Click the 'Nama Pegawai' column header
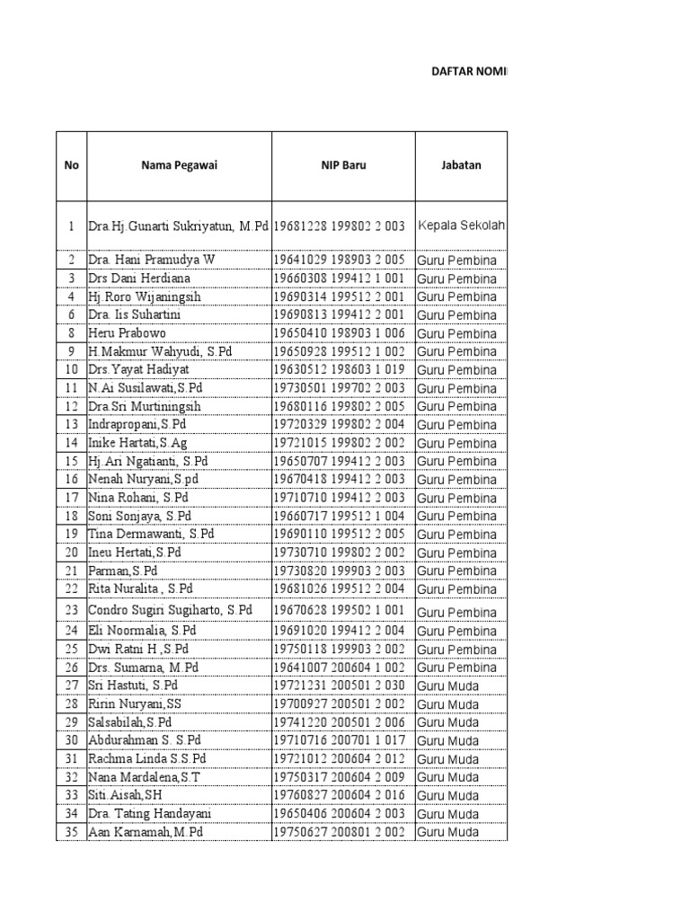[179, 165]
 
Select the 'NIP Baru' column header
[344, 165]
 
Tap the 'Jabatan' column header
[461, 165]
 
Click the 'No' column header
[71, 165]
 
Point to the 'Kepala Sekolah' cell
[461, 226]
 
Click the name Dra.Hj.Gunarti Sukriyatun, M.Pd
[179, 226]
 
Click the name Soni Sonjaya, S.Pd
[140, 517]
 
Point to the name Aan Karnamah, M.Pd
[146, 833]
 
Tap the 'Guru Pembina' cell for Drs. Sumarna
[456, 668]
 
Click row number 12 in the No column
[72, 407]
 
